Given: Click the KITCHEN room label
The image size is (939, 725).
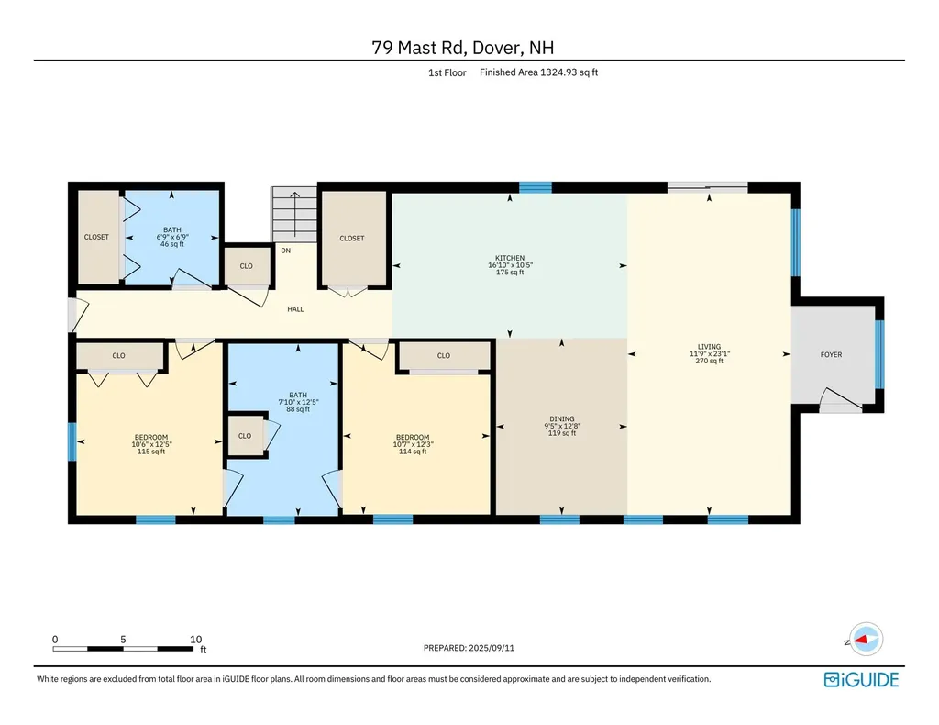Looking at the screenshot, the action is (510, 258).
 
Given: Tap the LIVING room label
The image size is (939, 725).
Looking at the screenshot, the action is (709, 346).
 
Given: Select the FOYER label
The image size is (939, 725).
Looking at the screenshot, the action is (831, 355).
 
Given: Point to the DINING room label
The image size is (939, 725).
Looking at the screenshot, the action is (562, 418).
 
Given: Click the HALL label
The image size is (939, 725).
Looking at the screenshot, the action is (295, 309).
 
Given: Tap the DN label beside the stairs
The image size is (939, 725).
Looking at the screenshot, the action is (286, 251).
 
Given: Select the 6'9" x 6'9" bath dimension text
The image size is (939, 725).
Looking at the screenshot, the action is (172, 238).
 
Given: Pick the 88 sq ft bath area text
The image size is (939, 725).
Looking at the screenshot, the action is (298, 409).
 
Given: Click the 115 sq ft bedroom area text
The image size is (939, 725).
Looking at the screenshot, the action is (151, 452).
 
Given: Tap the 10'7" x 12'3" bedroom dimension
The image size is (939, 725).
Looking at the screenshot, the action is (413, 444).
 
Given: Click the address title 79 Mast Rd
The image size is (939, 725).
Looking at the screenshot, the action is (418, 48).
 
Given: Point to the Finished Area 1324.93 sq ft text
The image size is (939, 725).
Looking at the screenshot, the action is (538, 72).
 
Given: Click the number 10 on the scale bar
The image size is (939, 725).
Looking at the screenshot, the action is (196, 640).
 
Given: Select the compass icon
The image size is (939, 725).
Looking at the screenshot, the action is (866, 640).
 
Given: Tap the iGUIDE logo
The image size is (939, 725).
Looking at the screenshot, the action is (861, 679).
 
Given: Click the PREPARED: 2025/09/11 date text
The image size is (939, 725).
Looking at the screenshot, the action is (469, 648).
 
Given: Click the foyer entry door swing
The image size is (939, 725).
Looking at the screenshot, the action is (841, 400).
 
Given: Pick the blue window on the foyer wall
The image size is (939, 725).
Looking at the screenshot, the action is (879, 355).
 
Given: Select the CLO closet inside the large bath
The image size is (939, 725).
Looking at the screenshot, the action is (245, 436).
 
